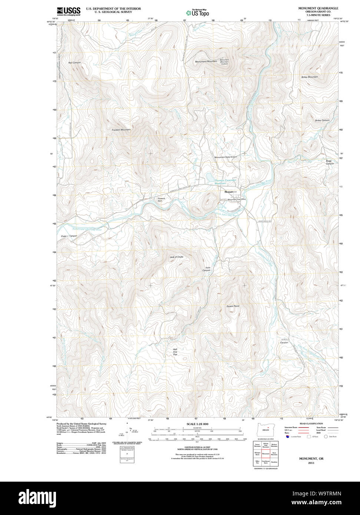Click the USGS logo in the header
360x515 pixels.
[x=69, y=11]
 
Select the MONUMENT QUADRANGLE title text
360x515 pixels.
[x=318, y=8]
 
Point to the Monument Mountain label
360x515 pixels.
[x=206, y=62]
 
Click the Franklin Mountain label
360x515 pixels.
[x=121, y=130]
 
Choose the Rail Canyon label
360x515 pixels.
[x=75, y=63]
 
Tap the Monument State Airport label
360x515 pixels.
[x=225, y=157]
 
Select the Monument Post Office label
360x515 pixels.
[x=237, y=200]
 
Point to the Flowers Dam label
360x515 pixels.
[x=161, y=200]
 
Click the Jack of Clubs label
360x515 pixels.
[x=176, y=257]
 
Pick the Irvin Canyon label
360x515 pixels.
[x=206, y=269]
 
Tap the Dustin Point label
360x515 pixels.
[x=233, y=306]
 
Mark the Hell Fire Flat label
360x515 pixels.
[x=175, y=352]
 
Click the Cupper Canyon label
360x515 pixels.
[x=69, y=236]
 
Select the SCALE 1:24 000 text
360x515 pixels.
[x=197, y=424]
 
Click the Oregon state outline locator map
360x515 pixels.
[x=265, y=430]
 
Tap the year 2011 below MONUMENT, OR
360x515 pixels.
[x=311, y=463]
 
